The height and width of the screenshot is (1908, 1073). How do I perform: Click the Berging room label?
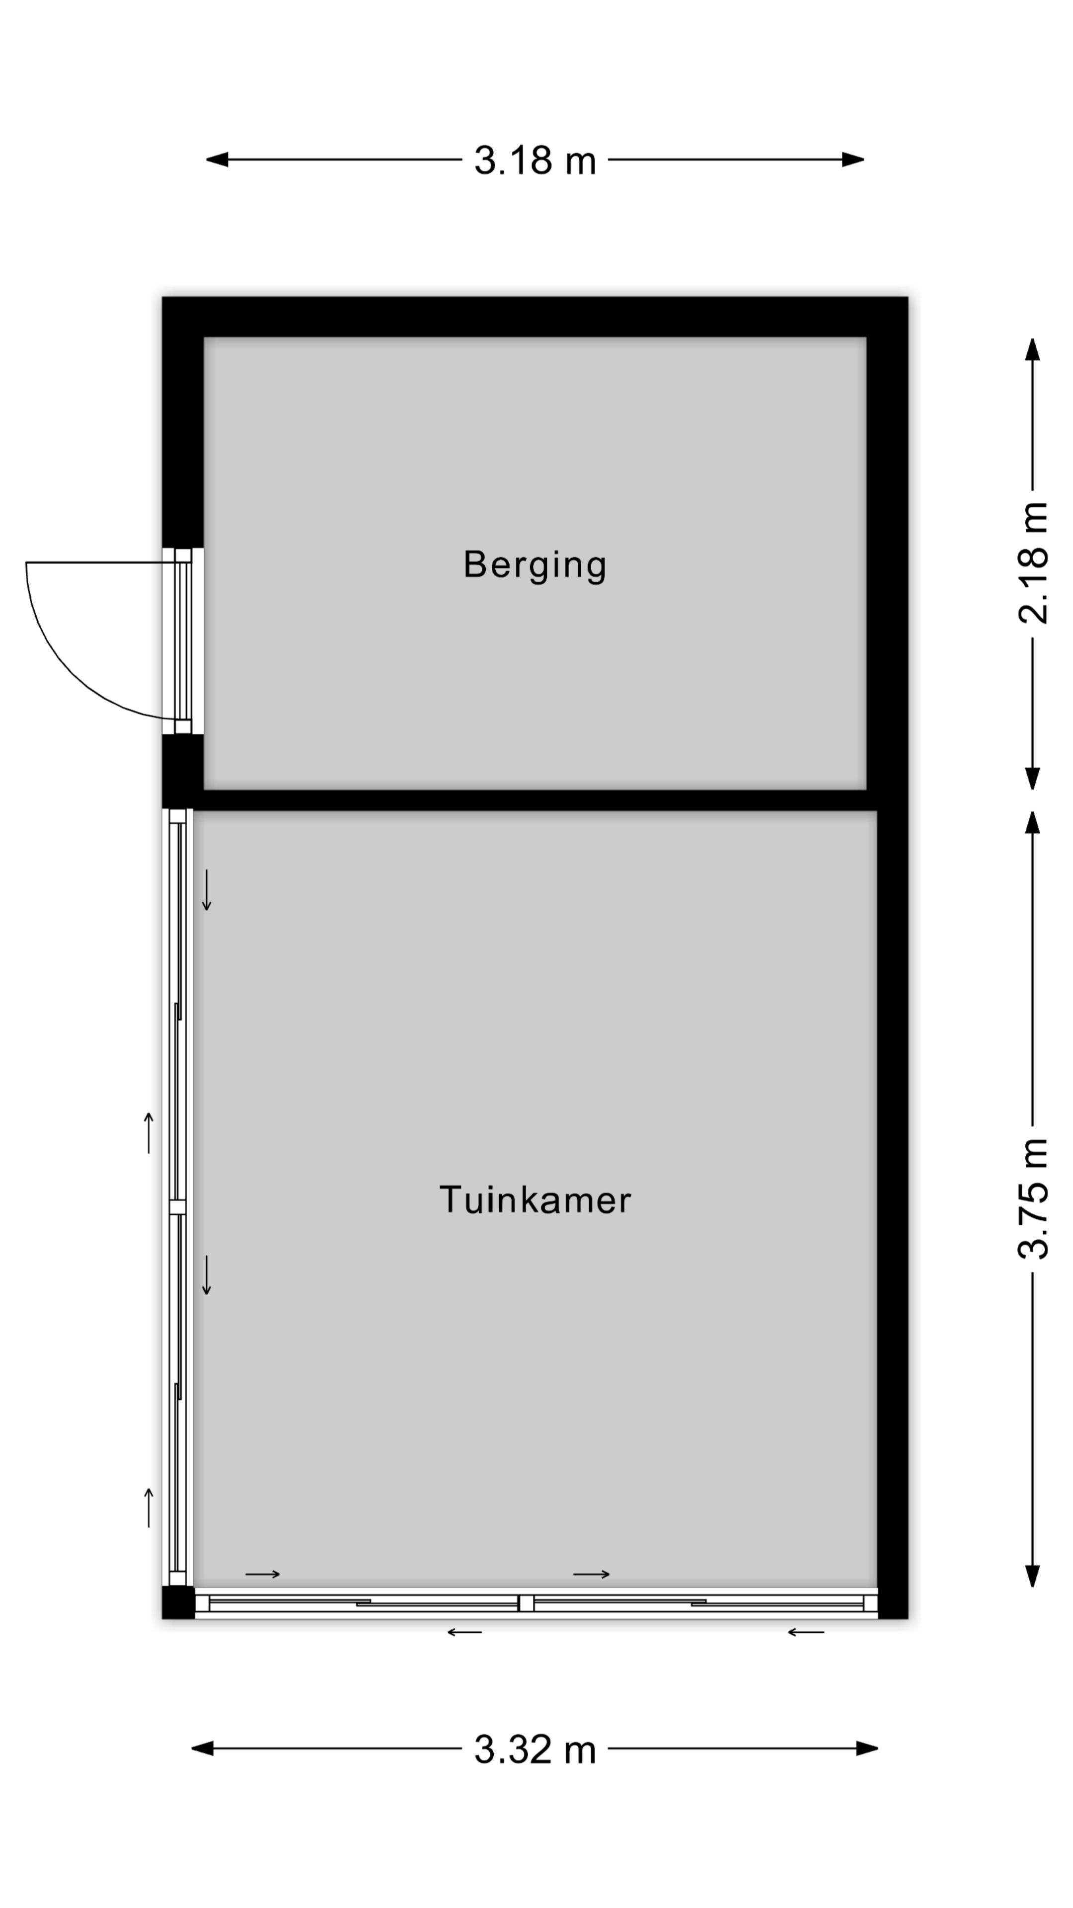535,565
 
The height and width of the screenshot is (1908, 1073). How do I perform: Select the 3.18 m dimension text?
535,160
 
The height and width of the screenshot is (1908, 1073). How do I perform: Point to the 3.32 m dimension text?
535,1749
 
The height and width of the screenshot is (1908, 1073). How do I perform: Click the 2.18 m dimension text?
1033,563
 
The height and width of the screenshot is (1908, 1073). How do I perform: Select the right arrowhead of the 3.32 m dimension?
867,1749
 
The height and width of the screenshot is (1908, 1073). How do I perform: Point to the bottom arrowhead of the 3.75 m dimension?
1032,1576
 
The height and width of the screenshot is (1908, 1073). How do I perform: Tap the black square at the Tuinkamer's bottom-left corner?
178,1602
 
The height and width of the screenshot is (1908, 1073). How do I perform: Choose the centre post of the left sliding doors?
178,1206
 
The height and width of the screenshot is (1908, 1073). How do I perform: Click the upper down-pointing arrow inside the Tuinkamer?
207,889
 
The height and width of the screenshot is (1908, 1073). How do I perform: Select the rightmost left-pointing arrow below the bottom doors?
806,1632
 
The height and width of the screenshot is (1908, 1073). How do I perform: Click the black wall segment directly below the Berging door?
183,770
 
